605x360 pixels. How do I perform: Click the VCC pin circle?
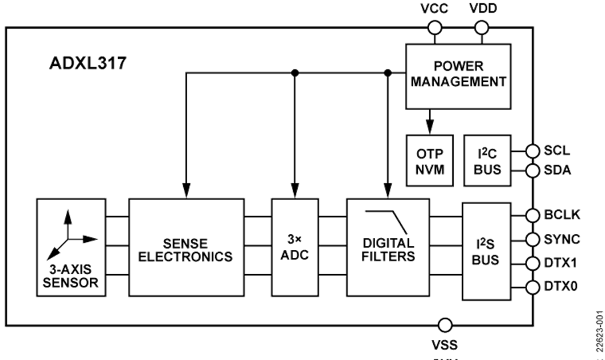point(434,27)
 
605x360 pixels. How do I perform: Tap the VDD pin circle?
point(482,27)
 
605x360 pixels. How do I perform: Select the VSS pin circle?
point(444,325)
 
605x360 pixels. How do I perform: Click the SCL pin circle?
point(532,151)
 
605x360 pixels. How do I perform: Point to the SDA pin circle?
point(532,171)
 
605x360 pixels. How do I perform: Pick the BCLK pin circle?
point(532,215)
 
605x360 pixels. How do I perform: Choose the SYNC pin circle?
point(532,239)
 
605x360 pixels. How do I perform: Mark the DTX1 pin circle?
point(532,263)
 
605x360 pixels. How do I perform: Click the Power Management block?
point(458,76)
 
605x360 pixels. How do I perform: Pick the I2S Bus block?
point(486,251)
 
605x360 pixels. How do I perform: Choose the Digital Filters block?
point(388,247)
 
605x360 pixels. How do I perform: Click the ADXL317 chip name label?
point(88,63)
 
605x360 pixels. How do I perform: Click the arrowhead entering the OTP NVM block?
point(430,125)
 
